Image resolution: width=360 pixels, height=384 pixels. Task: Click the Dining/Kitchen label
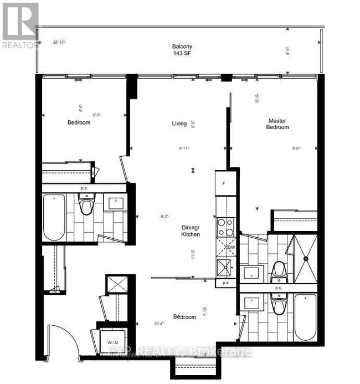pos(190,231)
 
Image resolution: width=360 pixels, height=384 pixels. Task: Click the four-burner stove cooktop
pos(225,227)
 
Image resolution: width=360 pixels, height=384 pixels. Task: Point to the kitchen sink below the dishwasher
pos(225,267)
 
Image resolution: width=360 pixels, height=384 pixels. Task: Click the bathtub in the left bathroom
pos(54,217)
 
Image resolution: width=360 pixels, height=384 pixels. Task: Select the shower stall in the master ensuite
pos(305,258)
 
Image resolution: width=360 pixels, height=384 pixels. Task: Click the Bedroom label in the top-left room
pos(79,122)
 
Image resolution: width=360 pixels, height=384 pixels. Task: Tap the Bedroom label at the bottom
pos(184,317)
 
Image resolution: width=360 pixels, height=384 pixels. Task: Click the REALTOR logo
pos(20,25)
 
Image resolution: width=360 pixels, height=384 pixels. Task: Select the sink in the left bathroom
pos(115,203)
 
